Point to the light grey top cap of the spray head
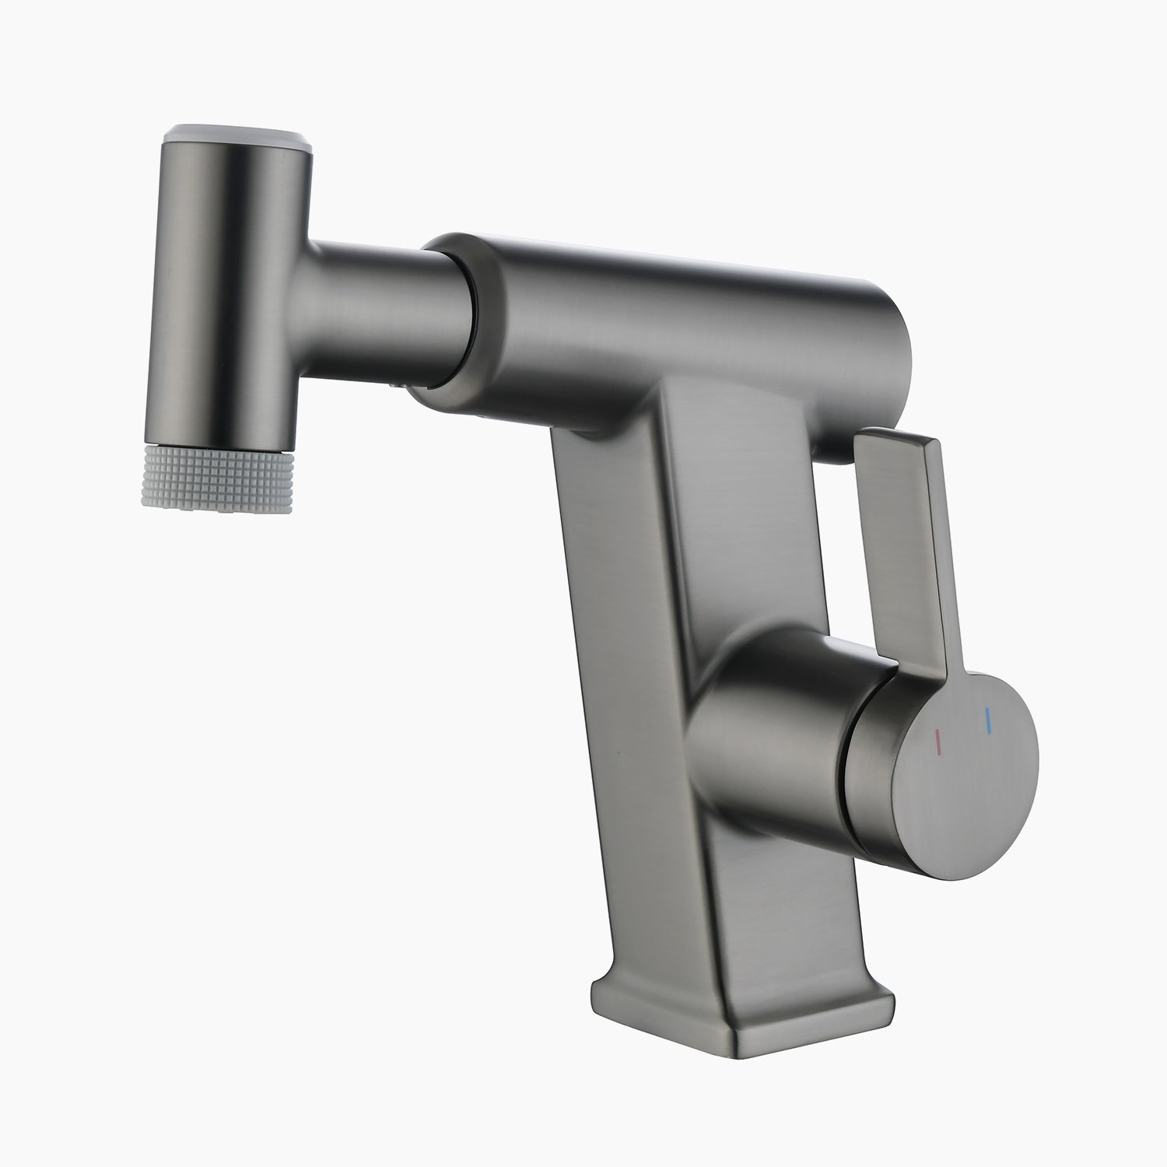[x=233, y=135]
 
